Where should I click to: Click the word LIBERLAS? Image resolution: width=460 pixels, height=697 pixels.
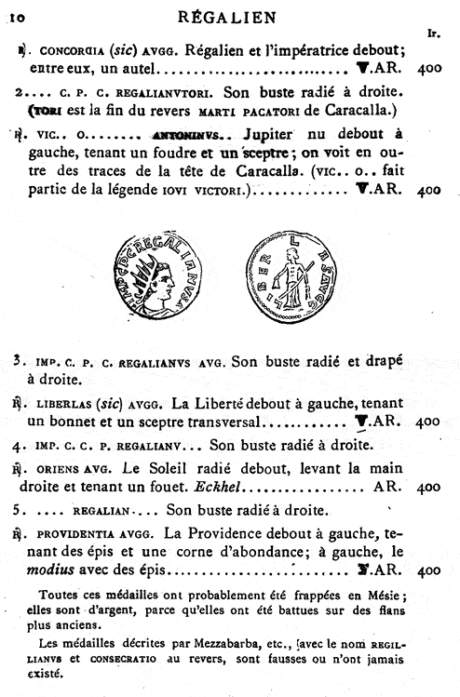click(x=73, y=404)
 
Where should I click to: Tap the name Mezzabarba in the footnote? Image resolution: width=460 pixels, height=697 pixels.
click(x=213, y=641)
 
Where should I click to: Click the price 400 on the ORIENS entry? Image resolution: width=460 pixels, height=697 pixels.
click(x=429, y=487)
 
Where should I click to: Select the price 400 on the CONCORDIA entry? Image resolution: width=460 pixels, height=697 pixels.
click(x=429, y=70)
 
